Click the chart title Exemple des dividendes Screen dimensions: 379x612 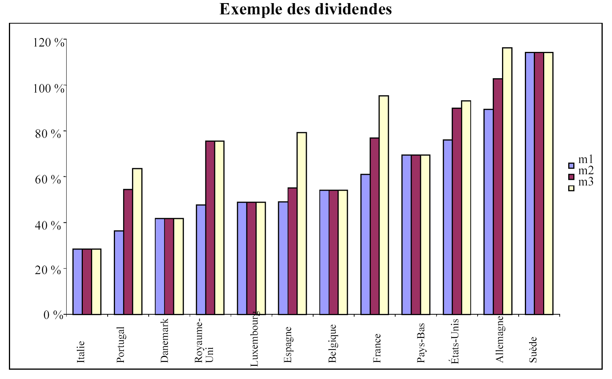point(306,9)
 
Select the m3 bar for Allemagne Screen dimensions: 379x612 point(507,181)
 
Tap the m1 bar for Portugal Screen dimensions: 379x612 point(119,272)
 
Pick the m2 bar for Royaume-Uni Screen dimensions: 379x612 point(210,227)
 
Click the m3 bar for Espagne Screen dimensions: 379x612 point(302,223)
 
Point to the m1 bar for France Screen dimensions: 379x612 point(365,244)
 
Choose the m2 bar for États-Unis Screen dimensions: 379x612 point(457,211)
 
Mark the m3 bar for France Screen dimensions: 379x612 point(384,205)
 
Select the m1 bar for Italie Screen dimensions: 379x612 point(77,281)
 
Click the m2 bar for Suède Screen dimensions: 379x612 point(539,183)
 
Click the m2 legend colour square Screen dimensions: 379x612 point(571,177)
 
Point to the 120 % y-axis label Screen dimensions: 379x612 point(49,43)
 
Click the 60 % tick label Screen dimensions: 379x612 point(48,180)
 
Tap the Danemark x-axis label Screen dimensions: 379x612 point(165,341)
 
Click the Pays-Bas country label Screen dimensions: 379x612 point(421,343)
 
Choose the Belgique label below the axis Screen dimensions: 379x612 point(332,343)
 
